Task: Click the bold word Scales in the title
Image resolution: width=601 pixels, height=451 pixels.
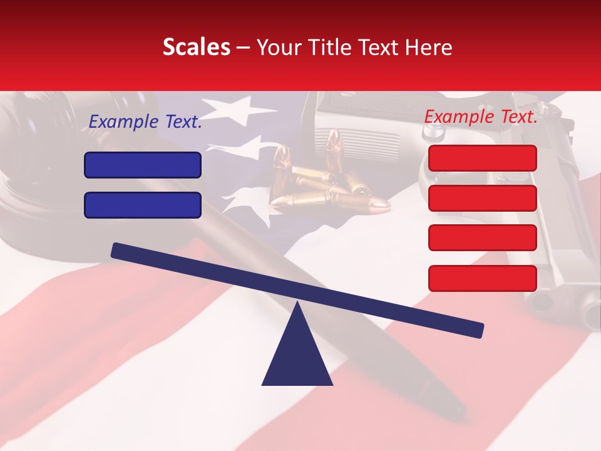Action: click(x=196, y=48)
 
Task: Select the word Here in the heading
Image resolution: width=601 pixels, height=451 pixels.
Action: click(x=429, y=48)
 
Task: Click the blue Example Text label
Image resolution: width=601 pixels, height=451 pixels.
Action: click(x=145, y=122)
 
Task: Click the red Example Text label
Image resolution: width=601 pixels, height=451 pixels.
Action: click(x=481, y=117)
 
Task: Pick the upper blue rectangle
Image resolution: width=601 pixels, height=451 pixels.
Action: click(x=143, y=165)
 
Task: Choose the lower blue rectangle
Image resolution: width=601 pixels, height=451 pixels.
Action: click(x=143, y=205)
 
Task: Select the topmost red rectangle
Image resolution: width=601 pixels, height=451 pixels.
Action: click(x=482, y=158)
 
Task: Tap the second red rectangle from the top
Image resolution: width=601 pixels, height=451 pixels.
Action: click(x=482, y=198)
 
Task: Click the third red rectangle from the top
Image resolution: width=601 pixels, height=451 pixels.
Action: click(x=482, y=238)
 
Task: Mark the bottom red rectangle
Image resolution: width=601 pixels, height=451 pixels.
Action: click(x=482, y=278)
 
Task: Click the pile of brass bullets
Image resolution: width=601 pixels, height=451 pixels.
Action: click(x=326, y=182)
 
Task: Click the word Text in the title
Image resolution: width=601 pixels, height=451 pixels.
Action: click(x=381, y=48)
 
